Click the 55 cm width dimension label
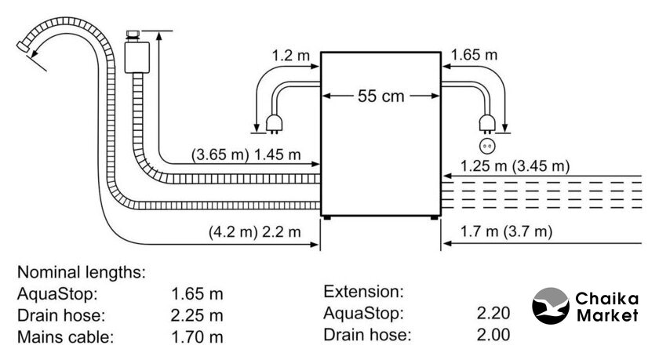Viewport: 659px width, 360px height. click(381, 97)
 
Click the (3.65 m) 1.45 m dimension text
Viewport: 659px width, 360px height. click(246, 155)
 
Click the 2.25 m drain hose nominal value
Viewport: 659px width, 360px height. click(197, 316)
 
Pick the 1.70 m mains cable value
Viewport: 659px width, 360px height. click(197, 338)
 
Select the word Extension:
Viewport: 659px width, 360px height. click(362, 292)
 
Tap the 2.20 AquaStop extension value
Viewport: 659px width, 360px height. click(493, 314)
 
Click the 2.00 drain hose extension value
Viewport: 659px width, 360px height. click(493, 335)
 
